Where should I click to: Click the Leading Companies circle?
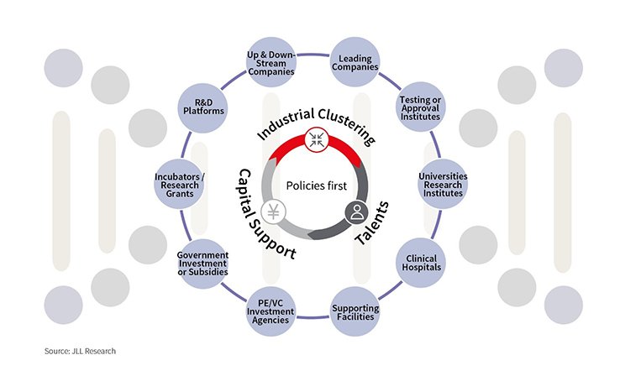(355, 62)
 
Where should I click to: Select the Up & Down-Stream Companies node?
(271, 63)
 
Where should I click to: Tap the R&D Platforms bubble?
(203, 107)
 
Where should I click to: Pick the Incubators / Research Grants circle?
(180, 184)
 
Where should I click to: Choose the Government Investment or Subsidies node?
(202, 264)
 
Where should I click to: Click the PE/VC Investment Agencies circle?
(271, 311)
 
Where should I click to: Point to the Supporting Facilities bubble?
(355, 311)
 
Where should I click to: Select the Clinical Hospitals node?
(421, 263)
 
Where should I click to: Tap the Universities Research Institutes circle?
(443, 184)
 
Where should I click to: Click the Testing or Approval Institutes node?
(421, 107)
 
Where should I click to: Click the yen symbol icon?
(274, 211)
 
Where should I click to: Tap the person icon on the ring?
(357, 211)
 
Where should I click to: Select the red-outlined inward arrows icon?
(317, 139)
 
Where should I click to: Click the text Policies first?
(317, 185)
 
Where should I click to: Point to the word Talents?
(372, 223)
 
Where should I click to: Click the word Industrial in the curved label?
(286, 123)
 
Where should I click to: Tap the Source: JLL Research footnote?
(80, 351)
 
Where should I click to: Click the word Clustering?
(348, 124)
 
